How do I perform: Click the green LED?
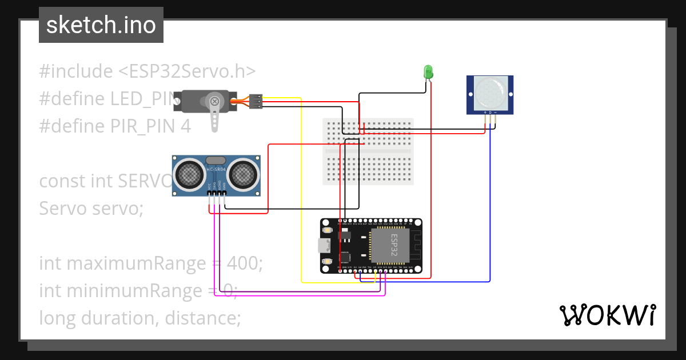coord(428,72)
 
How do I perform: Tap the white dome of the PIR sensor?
coord(489,91)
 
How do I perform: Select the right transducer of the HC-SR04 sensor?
coord(242,173)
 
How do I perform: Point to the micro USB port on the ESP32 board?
coord(325,246)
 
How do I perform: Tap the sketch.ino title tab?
coord(101,25)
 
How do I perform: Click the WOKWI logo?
coord(607,315)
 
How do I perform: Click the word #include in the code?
coord(76,71)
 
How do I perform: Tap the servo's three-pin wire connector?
coord(256,101)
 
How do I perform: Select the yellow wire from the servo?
coord(301,189)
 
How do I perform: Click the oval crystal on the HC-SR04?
coord(216,161)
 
